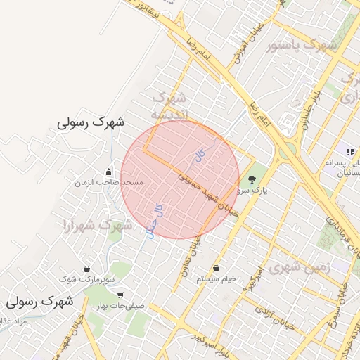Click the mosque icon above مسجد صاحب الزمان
pos(108,171)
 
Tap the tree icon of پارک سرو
pos(252,179)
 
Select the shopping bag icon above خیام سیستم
pos(215,269)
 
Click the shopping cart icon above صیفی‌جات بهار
pos(122,295)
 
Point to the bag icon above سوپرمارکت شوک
pos(86,269)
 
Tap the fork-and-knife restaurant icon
pos(349,152)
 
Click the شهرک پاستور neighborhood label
pos(302,46)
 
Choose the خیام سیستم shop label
pos(217,279)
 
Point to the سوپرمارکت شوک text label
pos(86,279)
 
